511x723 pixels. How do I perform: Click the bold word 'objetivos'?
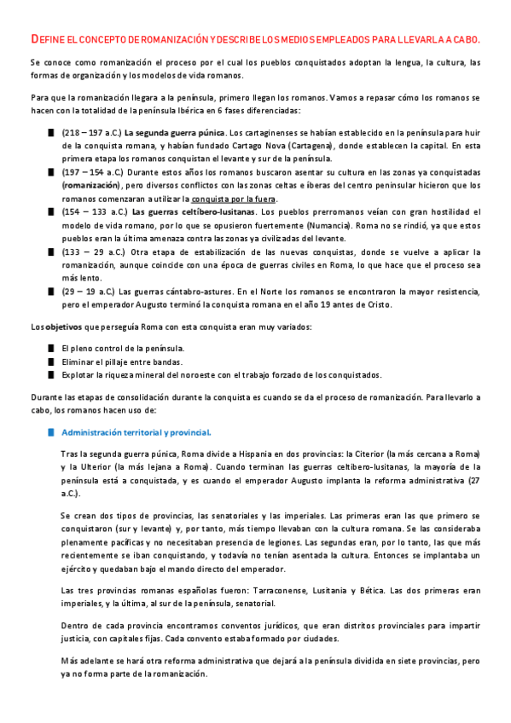tap(62, 327)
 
